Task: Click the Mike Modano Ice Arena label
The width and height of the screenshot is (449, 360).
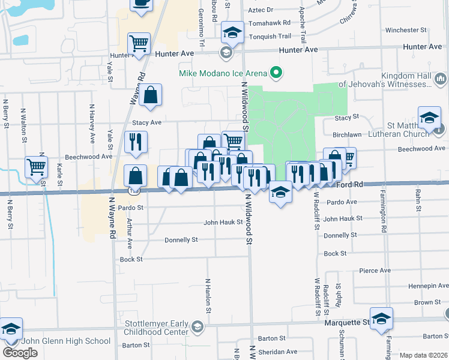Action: click(x=223, y=73)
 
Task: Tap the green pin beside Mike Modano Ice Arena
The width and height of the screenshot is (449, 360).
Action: click(x=276, y=73)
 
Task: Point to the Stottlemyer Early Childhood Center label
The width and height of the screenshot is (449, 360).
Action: click(x=156, y=327)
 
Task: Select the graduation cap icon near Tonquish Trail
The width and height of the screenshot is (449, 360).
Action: click(x=232, y=32)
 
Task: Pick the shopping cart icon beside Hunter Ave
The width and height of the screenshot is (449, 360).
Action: click(x=139, y=44)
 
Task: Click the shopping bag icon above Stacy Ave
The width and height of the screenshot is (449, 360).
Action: click(x=151, y=94)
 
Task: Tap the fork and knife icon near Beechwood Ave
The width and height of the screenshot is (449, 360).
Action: click(x=136, y=142)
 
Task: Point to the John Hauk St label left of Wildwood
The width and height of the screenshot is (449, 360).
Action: click(x=223, y=222)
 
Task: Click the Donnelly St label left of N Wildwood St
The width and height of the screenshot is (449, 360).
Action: click(x=181, y=240)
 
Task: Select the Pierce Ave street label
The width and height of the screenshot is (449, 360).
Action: click(x=375, y=271)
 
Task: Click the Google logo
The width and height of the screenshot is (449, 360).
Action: click(x=20, y=353)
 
